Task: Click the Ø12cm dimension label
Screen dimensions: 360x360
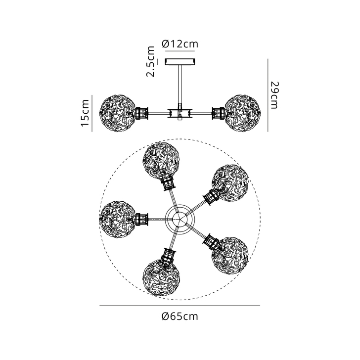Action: coord(180,44)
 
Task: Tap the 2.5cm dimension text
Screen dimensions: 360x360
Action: coord(151,61)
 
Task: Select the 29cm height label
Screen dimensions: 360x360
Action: coord(274,95)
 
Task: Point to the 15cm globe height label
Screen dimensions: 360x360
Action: coord(85,113)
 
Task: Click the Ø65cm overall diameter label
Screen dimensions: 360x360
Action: coord(180,316)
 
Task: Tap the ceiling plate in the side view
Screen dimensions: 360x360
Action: coord(180,62)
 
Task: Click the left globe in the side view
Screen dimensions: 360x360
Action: coord(118,113)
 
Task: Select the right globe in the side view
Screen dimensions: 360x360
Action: coord(242,113)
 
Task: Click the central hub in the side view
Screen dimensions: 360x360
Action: coord(180,113)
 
